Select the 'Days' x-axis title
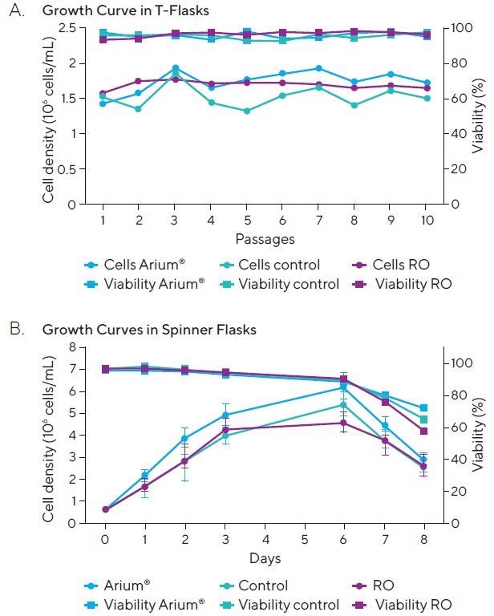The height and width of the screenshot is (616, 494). (265, 557)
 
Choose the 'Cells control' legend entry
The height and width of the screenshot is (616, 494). (271, 265)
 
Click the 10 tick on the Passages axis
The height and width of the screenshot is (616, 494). (426, 219)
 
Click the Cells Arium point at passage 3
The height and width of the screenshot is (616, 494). (175, 68)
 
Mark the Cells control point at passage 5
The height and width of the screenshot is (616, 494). (246, 111)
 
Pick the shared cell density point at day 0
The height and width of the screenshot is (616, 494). (105, 509)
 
